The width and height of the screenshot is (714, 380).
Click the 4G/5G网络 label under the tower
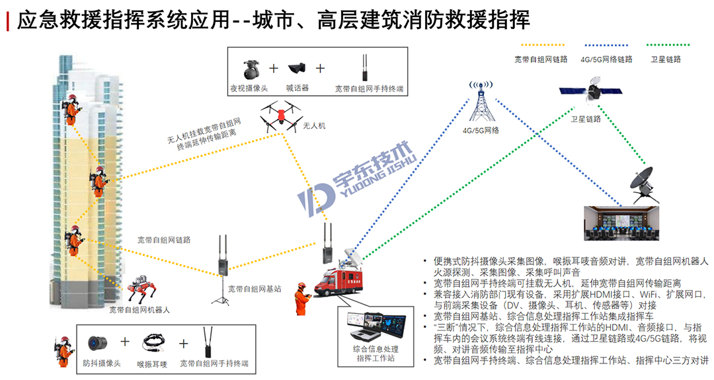point(481,130)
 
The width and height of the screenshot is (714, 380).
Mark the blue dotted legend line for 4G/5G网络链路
point(602,45)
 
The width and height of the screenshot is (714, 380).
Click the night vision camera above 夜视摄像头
point(251,67)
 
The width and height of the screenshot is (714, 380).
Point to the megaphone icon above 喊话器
point(297,68)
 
